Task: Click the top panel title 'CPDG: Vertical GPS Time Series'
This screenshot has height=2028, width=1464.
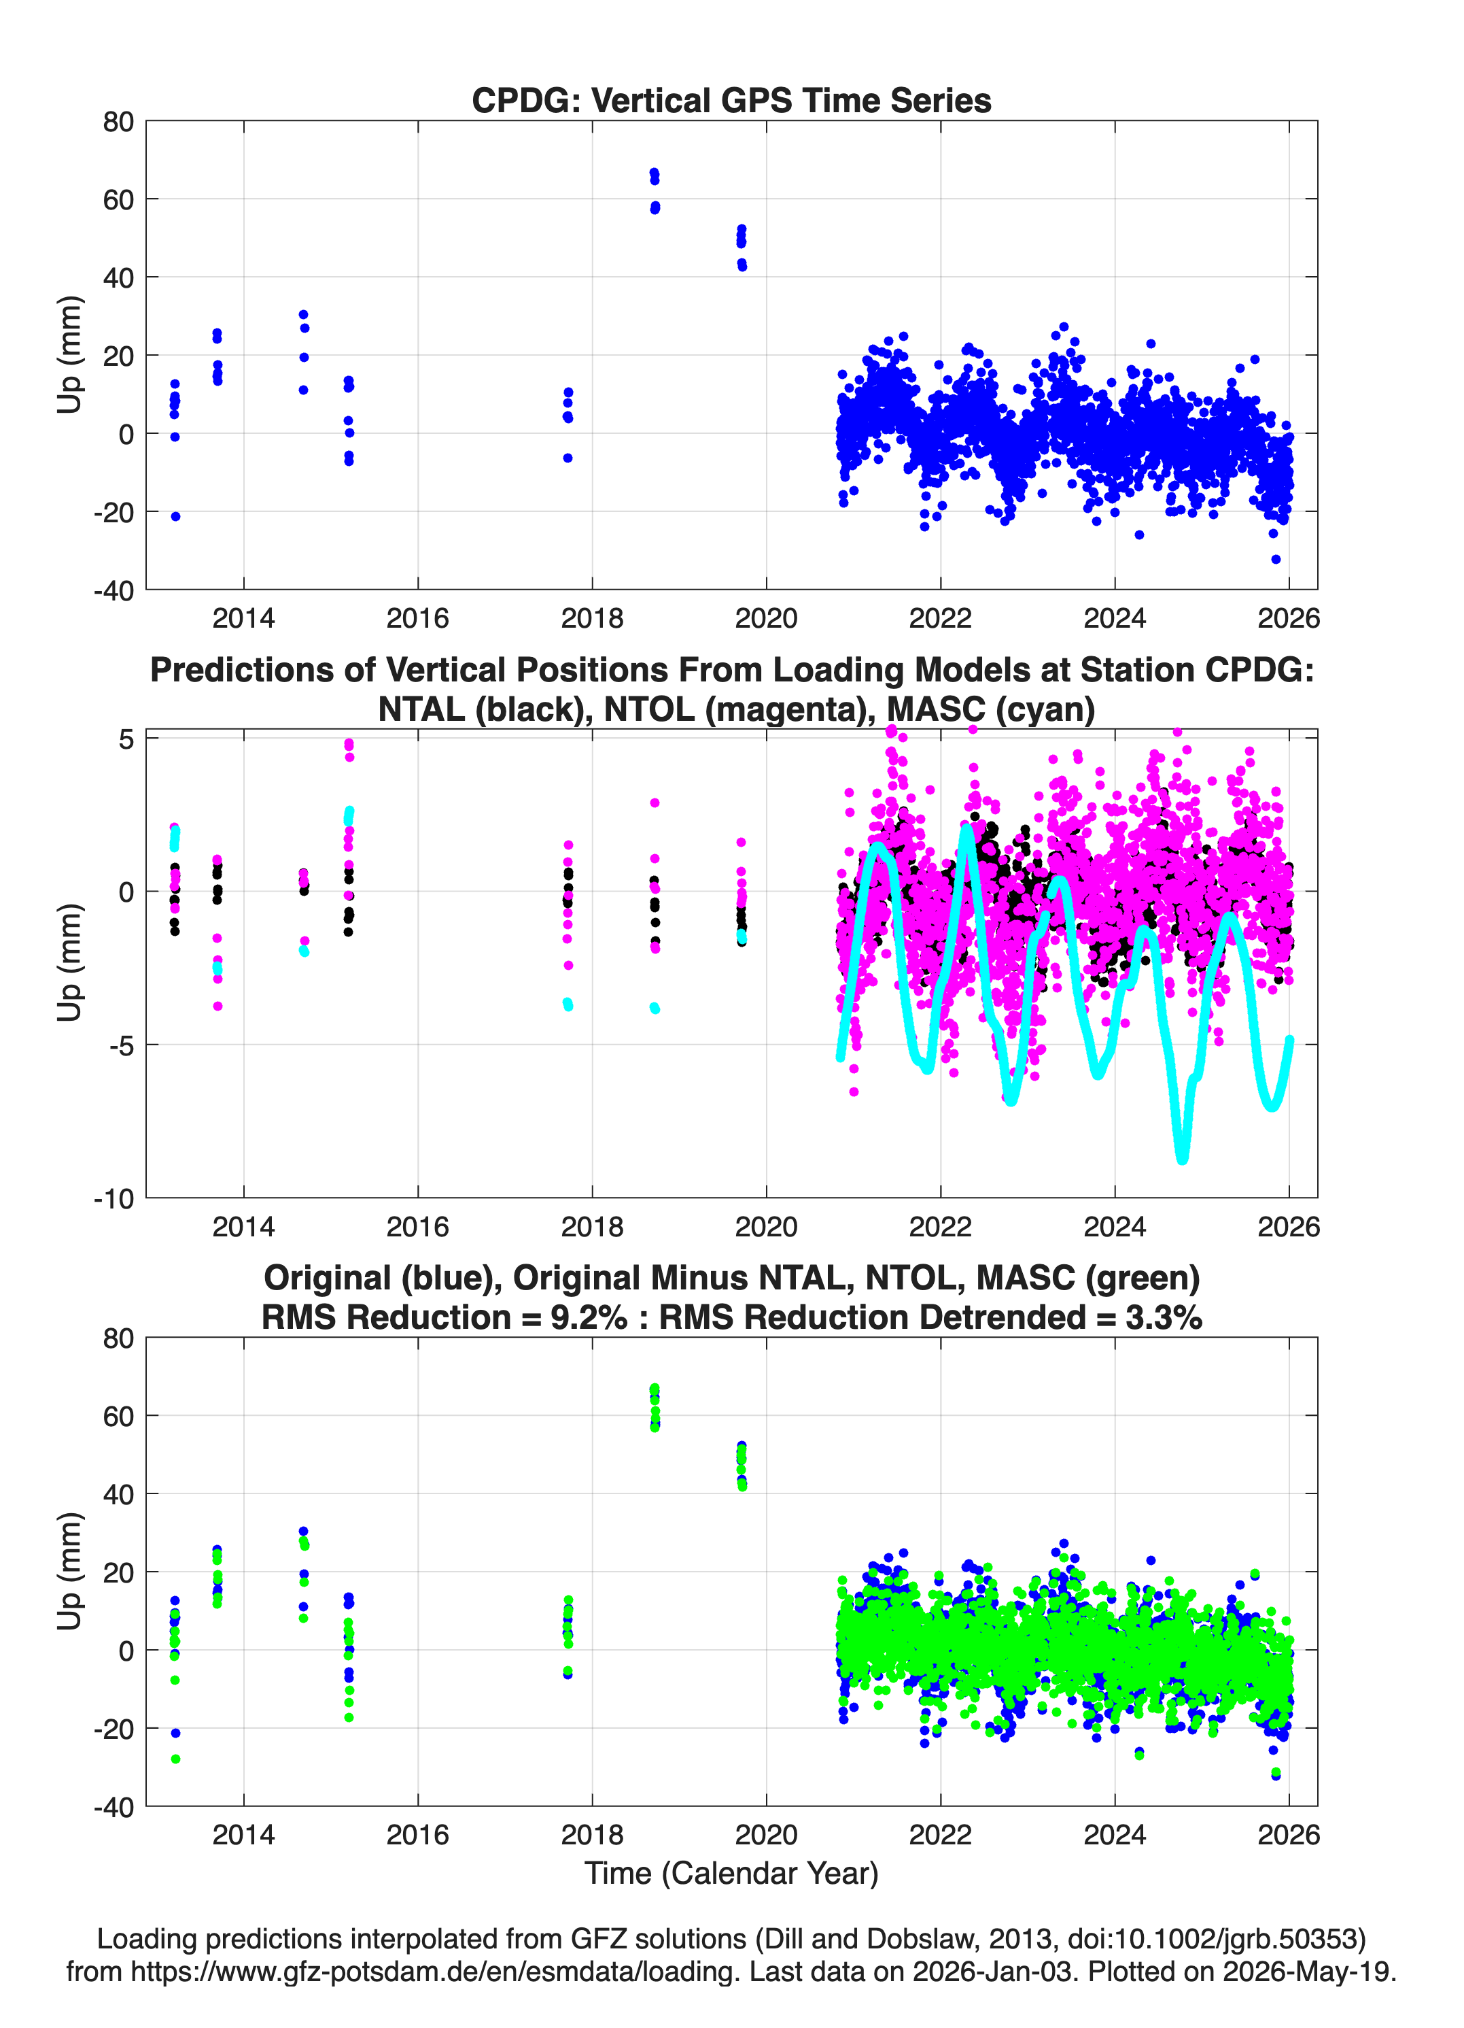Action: coord(731,100)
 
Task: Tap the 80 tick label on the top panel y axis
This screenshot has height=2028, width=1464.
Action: coord(118,122)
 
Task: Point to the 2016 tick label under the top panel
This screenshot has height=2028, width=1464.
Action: coord(417,618)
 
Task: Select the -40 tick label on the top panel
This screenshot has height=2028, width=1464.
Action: coord(114,590)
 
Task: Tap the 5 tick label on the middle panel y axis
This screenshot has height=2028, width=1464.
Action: coord(126,739)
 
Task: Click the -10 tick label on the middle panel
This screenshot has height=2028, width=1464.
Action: coord(114,1199)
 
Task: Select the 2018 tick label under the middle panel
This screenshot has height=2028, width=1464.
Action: coord(592,1227)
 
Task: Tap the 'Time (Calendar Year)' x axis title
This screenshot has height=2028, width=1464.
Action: coord(731,1874)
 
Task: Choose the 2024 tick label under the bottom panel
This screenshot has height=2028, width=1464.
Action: coord(1115,1835)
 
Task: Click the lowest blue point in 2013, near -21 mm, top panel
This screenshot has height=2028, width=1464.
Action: coord(175,516)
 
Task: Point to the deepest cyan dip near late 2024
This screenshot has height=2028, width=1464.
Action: coord(1183,1158)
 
